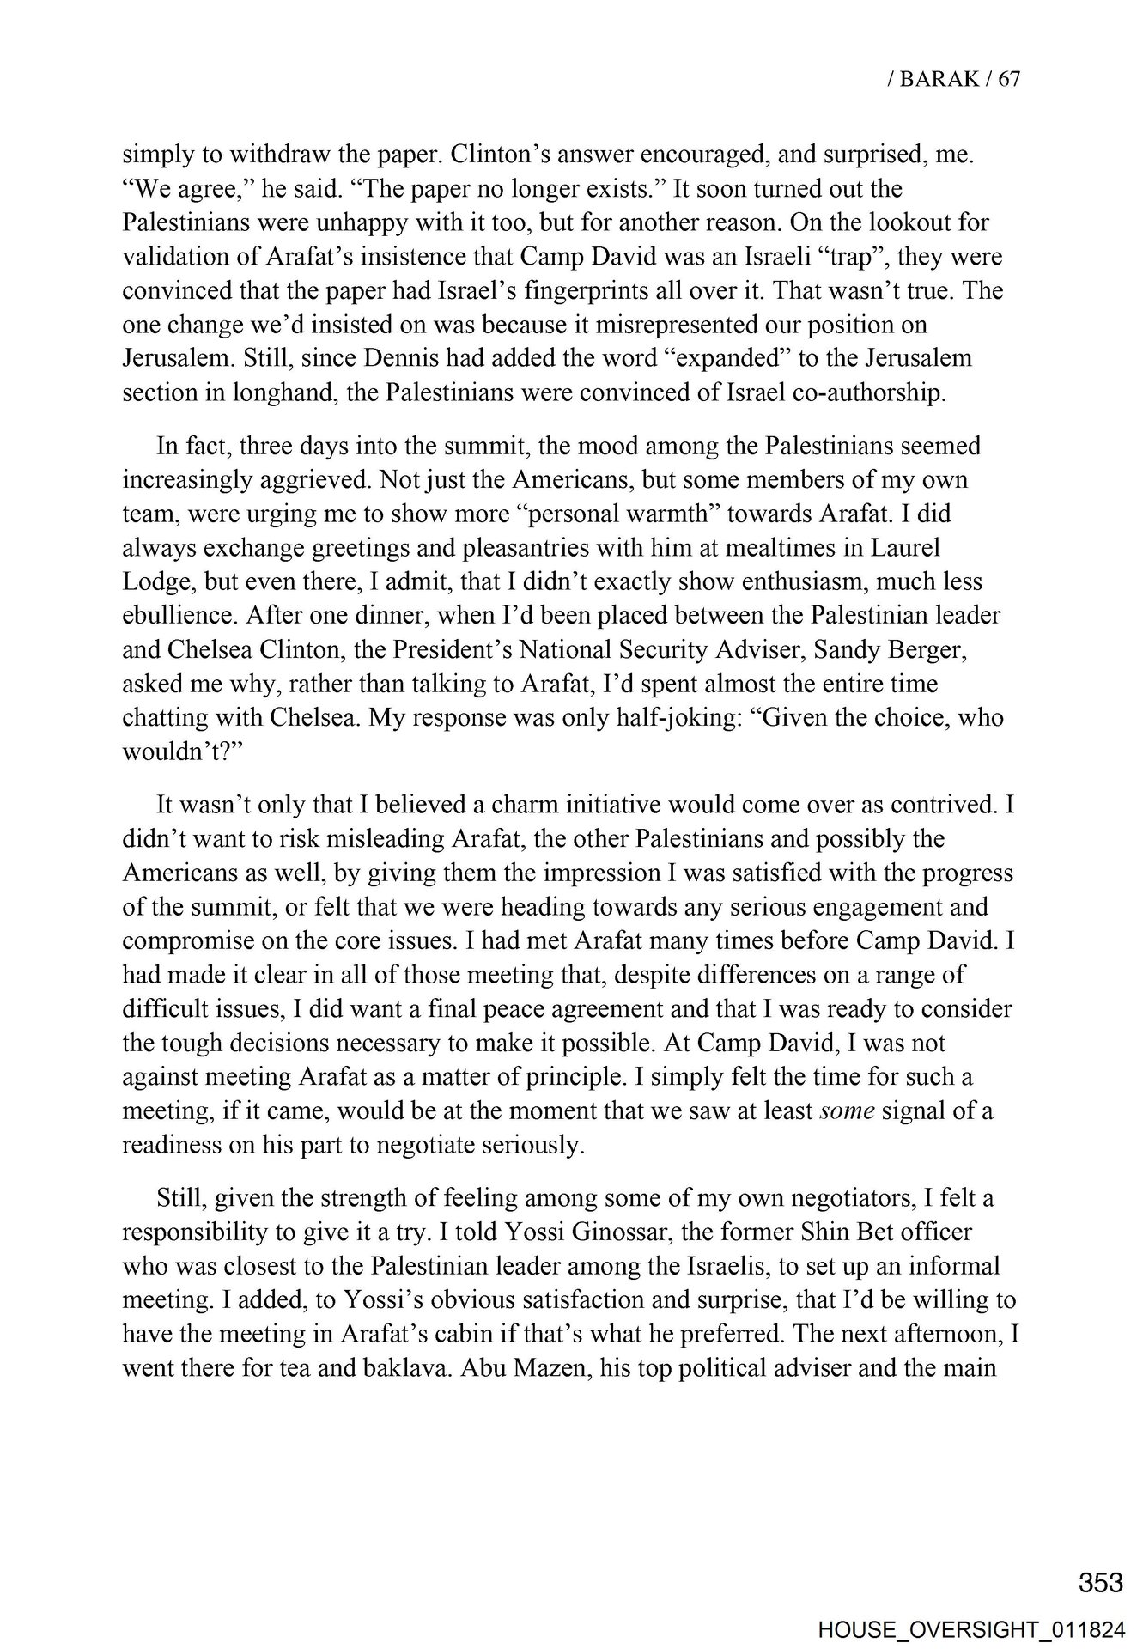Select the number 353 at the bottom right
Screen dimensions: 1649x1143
pos(1101,1582)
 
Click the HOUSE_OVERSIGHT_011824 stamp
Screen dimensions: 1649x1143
pos(971,1628)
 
